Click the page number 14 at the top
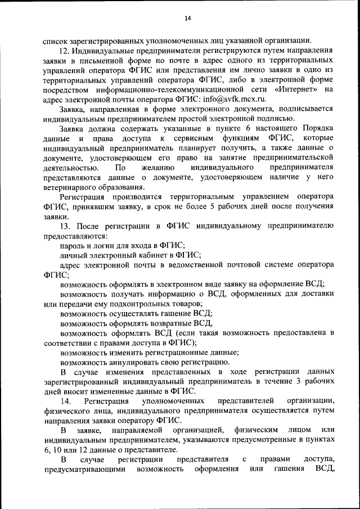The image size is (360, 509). point(188,19)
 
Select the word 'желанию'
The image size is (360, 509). point(158,168)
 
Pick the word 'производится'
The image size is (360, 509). point(134,197)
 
